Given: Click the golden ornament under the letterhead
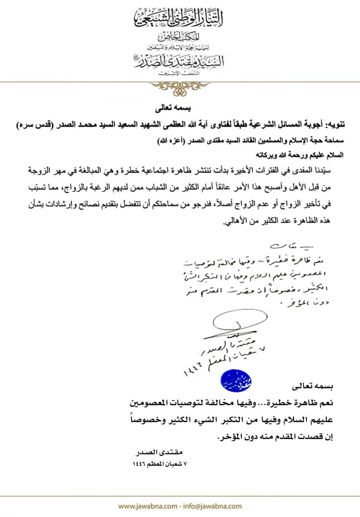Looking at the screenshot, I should (x=180, y=87).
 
